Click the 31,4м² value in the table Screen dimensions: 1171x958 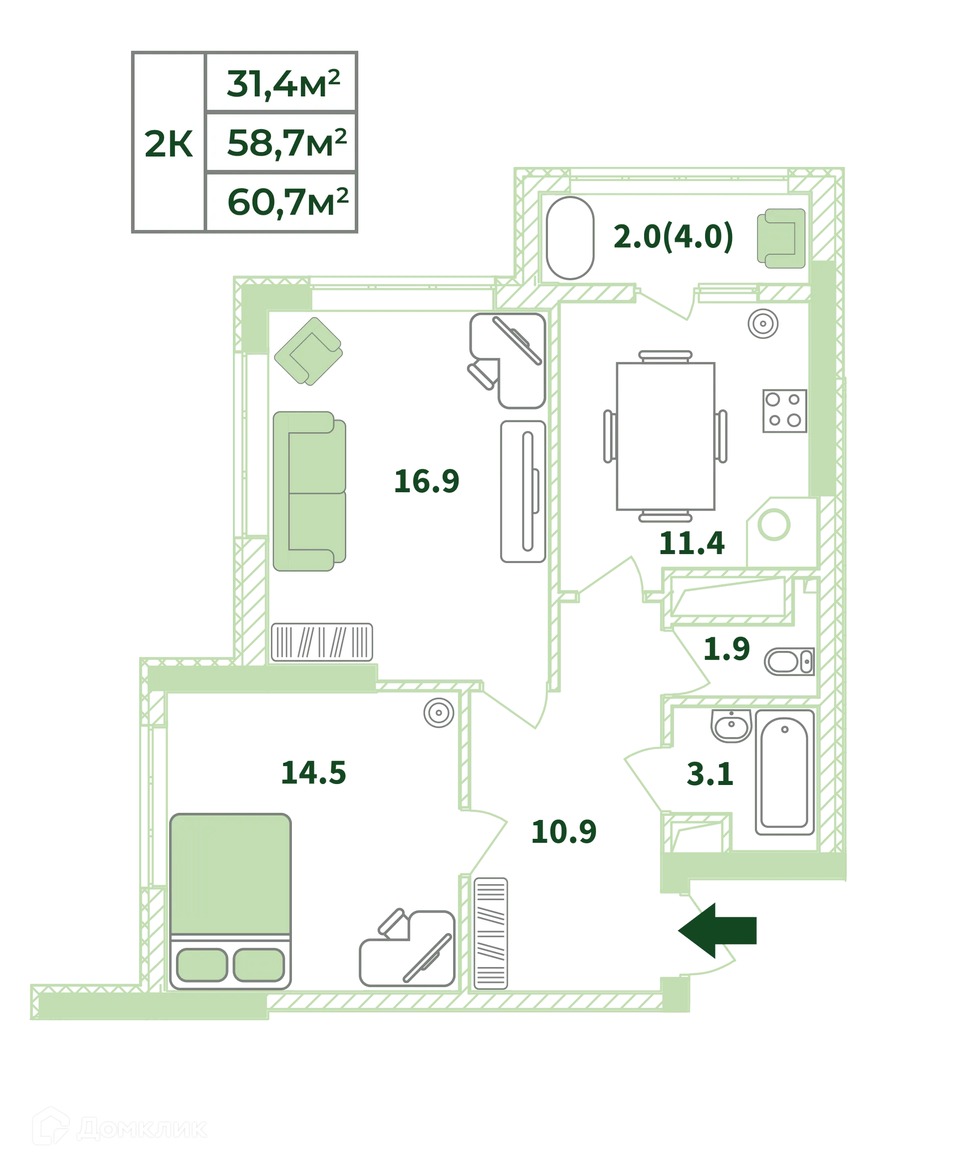coord(282,84)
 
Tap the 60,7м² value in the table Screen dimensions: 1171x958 coord(287,202)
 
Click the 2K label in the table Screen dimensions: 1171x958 coord(168,145)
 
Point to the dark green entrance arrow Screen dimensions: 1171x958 coord(717,931)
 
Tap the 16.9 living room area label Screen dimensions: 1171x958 coord(427,481)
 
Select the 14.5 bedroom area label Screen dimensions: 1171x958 coord(313,772)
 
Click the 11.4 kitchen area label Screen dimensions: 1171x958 coord(692,543)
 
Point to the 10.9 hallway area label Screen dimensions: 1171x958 coord(564,832)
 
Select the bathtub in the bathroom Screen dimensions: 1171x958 coord(784,773)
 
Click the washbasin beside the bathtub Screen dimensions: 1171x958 coord(731,726)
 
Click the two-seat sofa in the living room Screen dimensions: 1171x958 coord(309,491)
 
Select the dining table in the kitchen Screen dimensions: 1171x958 coord(666,436)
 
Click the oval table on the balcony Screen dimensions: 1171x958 coord(570,238)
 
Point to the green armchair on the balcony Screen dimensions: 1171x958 coord(780,238)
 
